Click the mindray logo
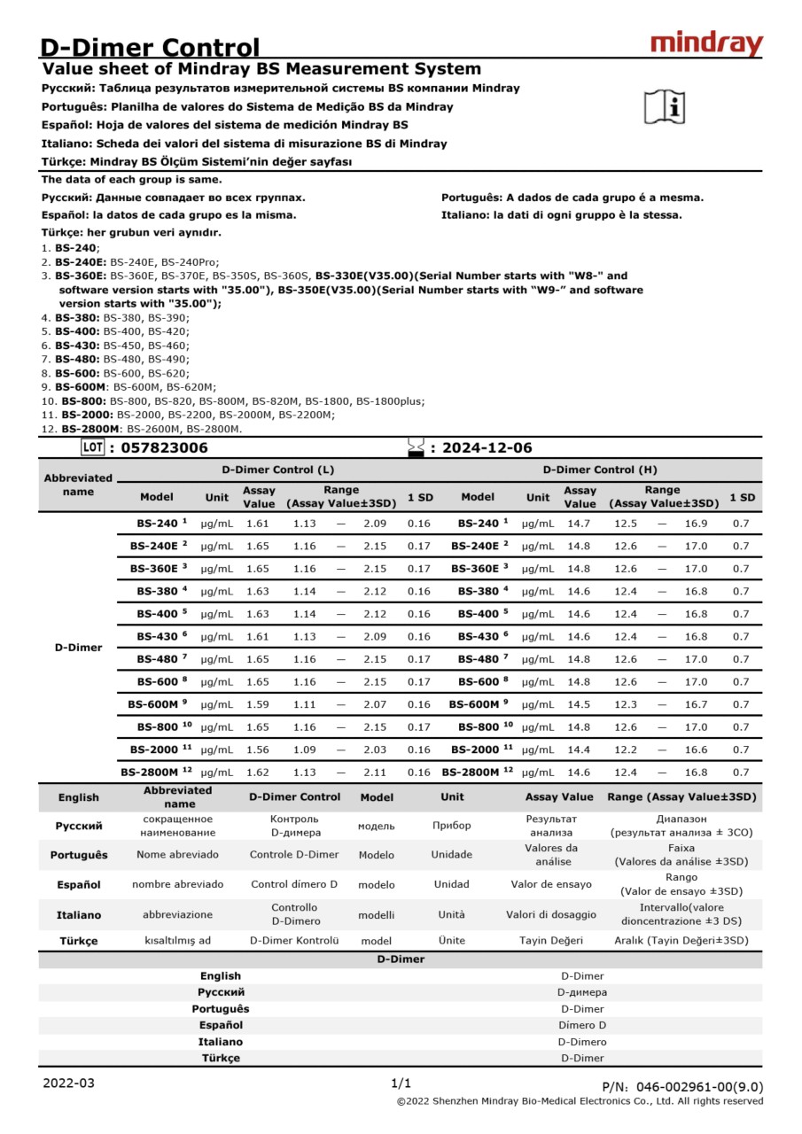click(x=706, y=43)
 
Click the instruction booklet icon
click(x=664, y=107)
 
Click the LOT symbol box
click(x=92, y=447)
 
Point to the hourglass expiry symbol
click(x=416, y=448)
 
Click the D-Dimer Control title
click(x=151, y=47)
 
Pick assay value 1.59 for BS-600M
click(x=257, y=704)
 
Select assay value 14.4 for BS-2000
click(x=579, y=750)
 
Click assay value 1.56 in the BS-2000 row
click(x=257, y=750)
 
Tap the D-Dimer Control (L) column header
click(x=277, y=470)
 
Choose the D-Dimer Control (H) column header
click(x=600, y=470)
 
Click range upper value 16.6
click(x=696, y=750)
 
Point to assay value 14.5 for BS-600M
click(x=579, y=704)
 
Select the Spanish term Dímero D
click(x=582, y=1025)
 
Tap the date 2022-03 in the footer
click(x=68, y=1083)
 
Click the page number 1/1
click(x=401, y=1083)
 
